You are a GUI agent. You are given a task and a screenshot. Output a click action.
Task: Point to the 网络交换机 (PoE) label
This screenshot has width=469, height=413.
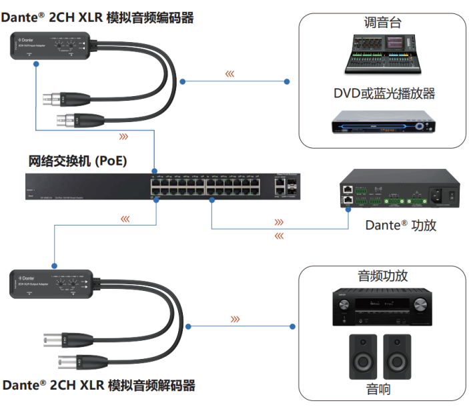[77, 161]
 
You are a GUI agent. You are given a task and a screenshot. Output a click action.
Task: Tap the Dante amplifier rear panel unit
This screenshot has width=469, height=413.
[399, 191]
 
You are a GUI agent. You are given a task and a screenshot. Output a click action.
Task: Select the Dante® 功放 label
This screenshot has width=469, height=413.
[400, 225]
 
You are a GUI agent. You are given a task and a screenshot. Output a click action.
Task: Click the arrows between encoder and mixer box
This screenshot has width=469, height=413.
[229, 74]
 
